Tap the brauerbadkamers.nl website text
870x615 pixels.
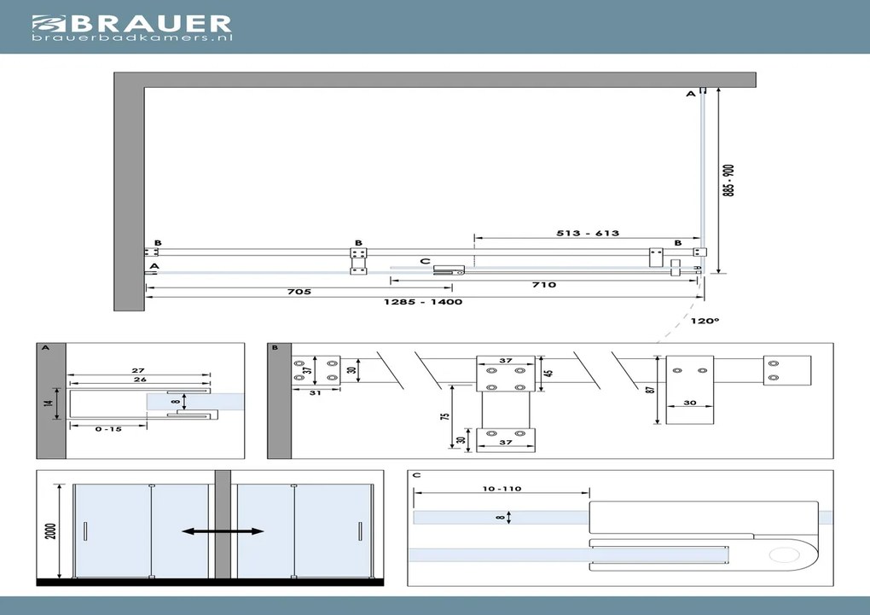pyautogui.click(x=132, y=38)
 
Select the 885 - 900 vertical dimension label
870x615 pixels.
pyautogui.click(x=728, y=181)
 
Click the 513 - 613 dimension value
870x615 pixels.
pyautogui.click(x=587, y=233)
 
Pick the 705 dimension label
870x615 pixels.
pyautogui.click(x=299, y=292)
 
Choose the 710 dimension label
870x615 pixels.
pyautogui.click(x=543, y=285)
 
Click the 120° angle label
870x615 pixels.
pyautogui.click(x=707, y=321)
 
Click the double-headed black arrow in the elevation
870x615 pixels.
pyautogui.click(x=223, y=531)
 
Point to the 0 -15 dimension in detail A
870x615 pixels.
pyautogui.click(x=110, y=429)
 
